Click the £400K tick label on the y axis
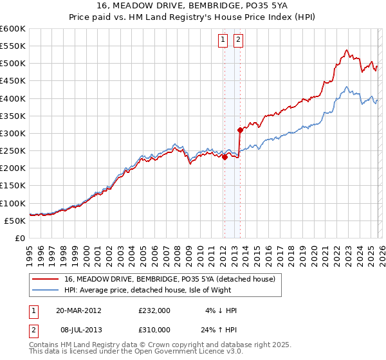click(13, 98)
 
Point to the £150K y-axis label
click(13, 186)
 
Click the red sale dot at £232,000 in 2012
click(225, 157)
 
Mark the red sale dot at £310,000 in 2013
click(240, 130)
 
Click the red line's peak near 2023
click(346, 50)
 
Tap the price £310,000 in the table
click(154, 329)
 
